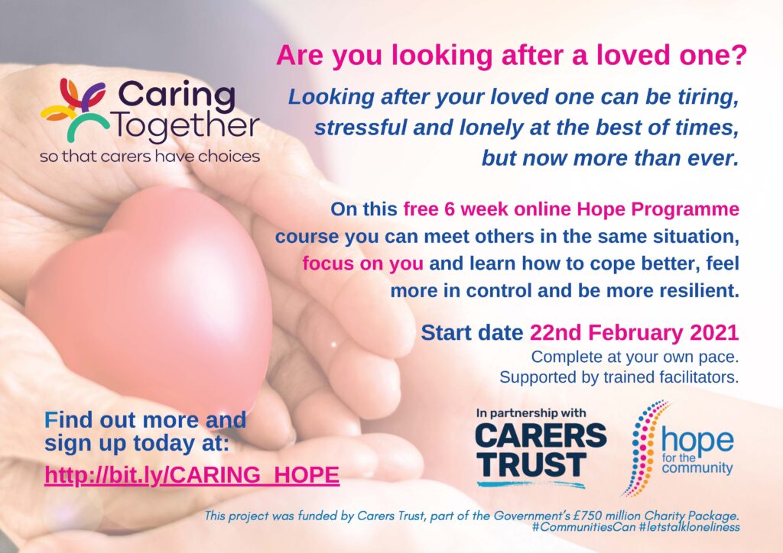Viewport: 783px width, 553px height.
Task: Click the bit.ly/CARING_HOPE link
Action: coord(192,475)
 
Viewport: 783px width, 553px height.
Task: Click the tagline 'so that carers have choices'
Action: coord(150,157)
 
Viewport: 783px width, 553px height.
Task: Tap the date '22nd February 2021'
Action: coord(634,332)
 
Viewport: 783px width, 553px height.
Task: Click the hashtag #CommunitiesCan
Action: coord(583,527)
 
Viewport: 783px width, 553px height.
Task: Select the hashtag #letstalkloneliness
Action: coord(689,527)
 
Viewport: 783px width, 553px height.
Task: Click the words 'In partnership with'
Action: coord(531,413)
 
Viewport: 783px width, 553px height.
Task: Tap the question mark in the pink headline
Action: coord(740,55)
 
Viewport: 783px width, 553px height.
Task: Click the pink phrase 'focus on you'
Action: coord(362,264)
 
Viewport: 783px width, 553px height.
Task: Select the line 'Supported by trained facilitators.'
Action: coord(619,377)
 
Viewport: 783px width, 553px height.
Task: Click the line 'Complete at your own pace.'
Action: coord(635,357)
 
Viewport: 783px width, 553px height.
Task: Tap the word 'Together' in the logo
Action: coord(186,127)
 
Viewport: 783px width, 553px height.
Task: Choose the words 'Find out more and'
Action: coord(145,420)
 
